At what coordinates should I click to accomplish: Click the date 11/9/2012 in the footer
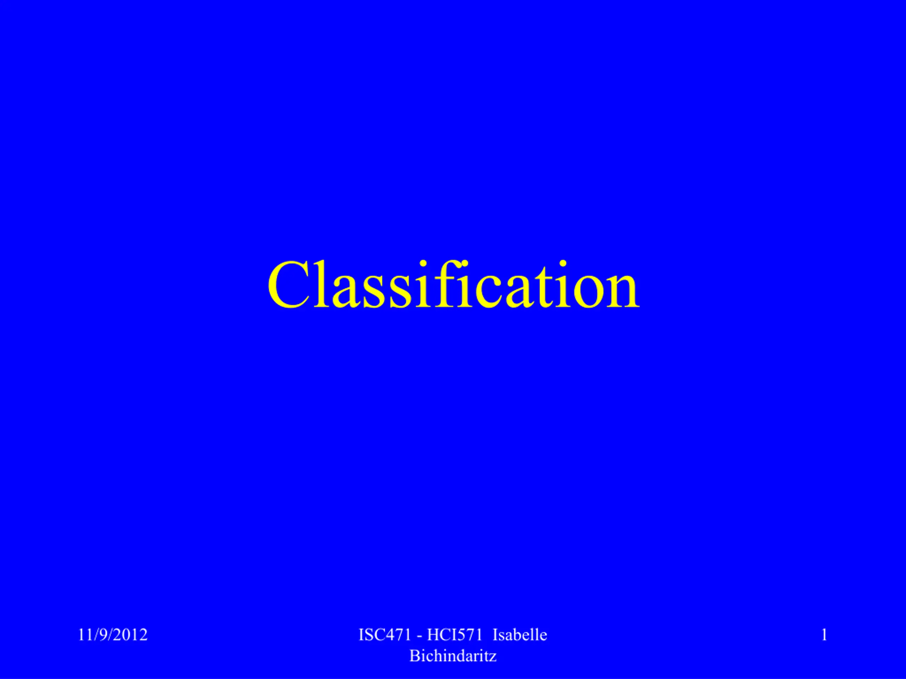click(x=113, y=635)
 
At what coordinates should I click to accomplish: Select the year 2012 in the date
click(x=130, y=635)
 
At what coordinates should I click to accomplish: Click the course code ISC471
click(x=385, y=635)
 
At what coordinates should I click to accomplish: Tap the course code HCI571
click(x=455, y=635)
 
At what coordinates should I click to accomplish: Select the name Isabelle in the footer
click(x=520, y=635)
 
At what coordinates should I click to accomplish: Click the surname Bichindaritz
click(x=453, y=656)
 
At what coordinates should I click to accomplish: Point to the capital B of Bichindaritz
click(x=414, y=656)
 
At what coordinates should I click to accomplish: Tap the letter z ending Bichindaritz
click(x=493, y=658)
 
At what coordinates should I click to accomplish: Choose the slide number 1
click(x=825, y=635)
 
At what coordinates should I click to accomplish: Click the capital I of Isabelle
click(x=495, y=635)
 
